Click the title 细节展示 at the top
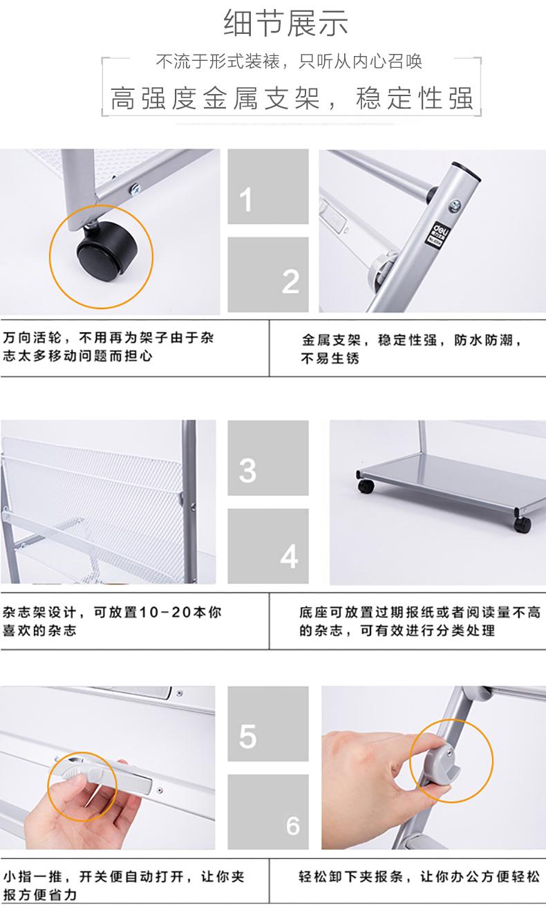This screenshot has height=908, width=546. pyautogui.click(x=285, y=23)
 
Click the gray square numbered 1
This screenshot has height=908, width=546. pyautogui.click(x=268, y=187)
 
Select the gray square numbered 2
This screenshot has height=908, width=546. pyautogui.click(x=268, y=275)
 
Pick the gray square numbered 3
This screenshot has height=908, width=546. pyautogui.click(x=268, y=458)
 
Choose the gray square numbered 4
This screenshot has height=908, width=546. pyautogui.click(x=268, y=546)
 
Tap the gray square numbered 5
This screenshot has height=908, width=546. pyautogui.click(x=268, y=723)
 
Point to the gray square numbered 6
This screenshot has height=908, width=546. pyautogui.click(x=268, y=812)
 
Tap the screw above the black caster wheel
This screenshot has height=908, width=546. pyautogui.click(x=134, y=189)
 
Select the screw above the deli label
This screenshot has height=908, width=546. pyautogui.click(x=455, y=205)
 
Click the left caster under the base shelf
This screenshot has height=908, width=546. pyautogui.click(x=366, y=486)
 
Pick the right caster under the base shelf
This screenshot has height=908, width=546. pyautogui.click(x=522, y=525)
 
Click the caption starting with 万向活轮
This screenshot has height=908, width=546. pyautogui.click(x=108, y=347)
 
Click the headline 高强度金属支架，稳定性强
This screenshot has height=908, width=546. pyautogui.click(x=292, y=98)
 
